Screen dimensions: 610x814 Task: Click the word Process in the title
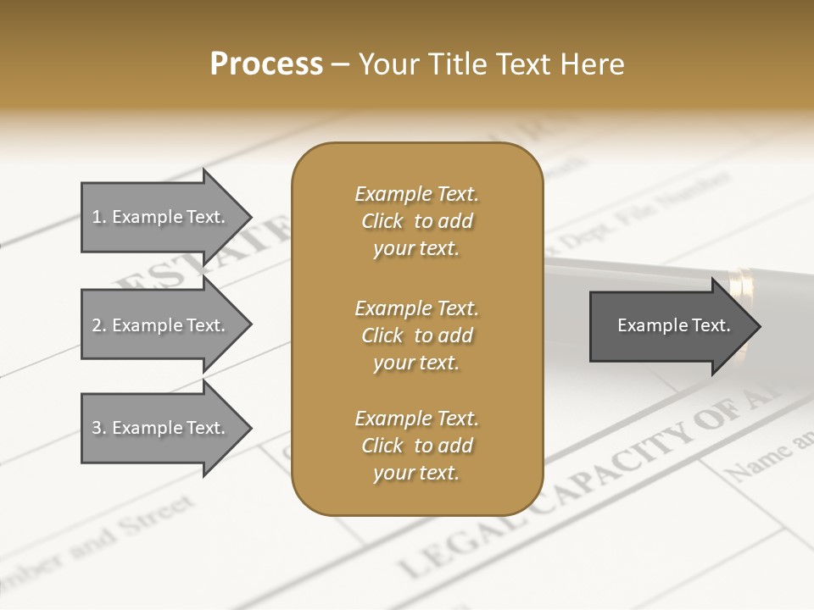click(266, 64)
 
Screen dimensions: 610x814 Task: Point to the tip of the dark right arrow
click(759, 326)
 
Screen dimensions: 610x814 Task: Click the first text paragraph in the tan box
click(416, 221)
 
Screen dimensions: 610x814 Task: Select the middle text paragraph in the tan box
click(416, 335)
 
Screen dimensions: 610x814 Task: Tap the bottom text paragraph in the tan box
click(416, 446)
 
